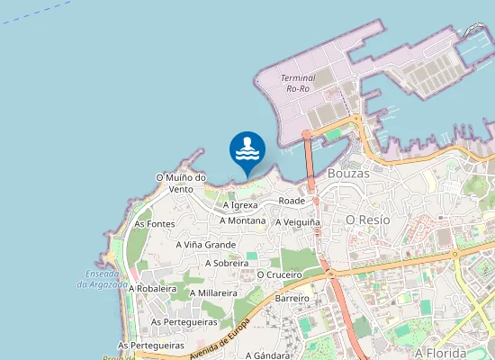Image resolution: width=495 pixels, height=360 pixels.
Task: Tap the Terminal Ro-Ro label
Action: coord(298,84)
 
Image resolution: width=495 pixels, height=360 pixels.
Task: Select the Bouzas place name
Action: coord(348,172)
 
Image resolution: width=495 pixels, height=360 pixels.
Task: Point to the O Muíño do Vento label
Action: coord(181,183)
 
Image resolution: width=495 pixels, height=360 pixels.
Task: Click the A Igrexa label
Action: coord(240,205)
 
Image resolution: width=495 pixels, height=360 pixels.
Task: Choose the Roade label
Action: coord(292,200)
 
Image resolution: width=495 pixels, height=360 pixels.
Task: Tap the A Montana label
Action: coord(242,220)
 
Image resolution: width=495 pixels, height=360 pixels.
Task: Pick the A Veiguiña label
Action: coord(298,221)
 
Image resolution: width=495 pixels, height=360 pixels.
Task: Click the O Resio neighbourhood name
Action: coord(367,220)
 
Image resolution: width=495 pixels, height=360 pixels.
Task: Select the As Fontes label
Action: coord(154,223)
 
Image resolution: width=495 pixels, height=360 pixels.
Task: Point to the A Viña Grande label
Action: coord(206,244)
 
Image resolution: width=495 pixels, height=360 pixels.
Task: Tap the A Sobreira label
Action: coord(227,263)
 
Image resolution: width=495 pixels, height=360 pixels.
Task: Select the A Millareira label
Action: coord(213,292)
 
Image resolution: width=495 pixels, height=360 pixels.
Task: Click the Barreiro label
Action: coord(292,298)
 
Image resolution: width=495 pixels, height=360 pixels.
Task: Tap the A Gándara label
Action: coord(267,355)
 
